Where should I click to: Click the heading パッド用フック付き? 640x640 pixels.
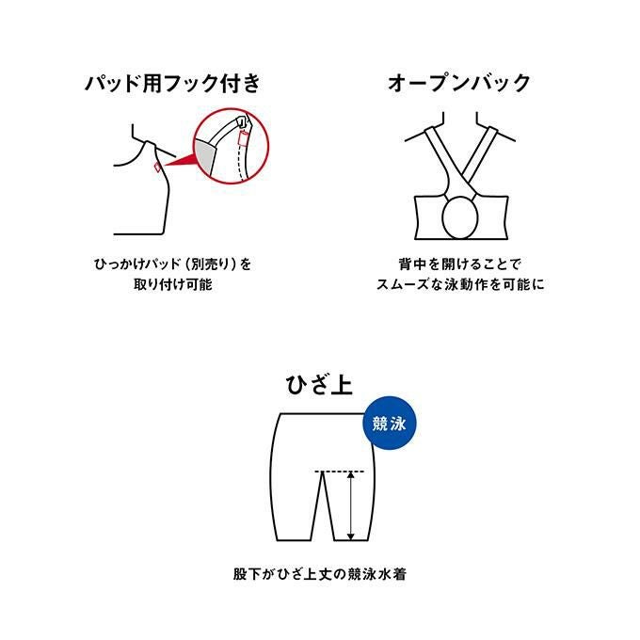(172, 83)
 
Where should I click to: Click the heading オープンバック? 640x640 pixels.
(459, 83)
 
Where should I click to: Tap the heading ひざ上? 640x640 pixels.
(319, 385)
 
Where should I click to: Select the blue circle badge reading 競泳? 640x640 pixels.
(390, 424)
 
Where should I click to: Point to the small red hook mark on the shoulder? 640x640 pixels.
(157, 167)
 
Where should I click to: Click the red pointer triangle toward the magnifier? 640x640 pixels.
(179, 160)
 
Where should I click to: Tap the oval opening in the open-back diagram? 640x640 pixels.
(460, 216)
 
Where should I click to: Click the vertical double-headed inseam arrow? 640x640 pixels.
(351, 506)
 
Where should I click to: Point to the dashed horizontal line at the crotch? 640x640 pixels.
(339, 472)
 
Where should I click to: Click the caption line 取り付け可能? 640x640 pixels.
(173, 284)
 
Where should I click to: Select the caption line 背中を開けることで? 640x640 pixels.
(460, 264)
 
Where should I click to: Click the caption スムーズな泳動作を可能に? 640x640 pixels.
(460, 284)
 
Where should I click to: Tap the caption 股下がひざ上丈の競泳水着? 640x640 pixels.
(320, 574)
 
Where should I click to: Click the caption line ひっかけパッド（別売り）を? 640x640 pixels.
(172, 264)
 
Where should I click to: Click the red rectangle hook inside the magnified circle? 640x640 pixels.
(243, 138)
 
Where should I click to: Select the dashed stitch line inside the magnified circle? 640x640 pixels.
(241, 163)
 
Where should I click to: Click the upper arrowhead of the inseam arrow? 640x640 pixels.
(351, 475)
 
